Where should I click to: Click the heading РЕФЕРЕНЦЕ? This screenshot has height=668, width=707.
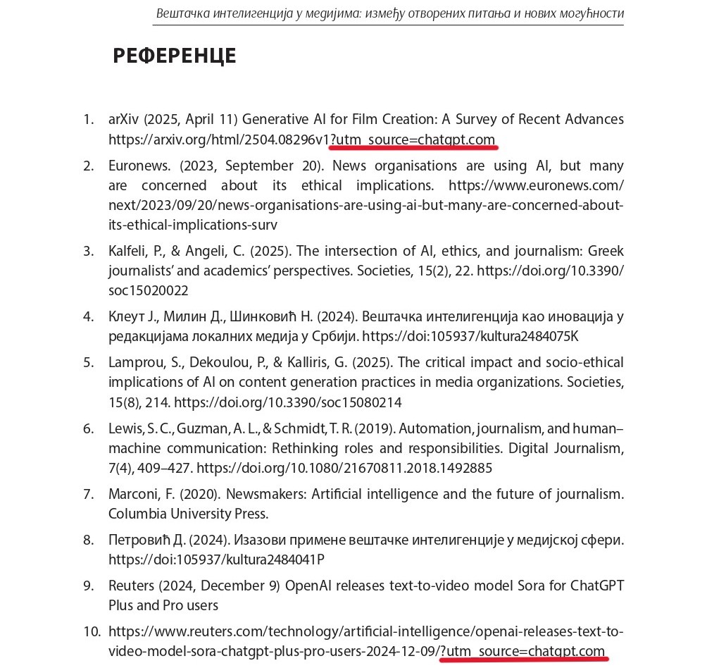pos(174,56)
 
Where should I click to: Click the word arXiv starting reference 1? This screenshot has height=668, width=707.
pos(124,120)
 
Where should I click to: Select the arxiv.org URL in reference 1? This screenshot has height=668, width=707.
pos(218,140)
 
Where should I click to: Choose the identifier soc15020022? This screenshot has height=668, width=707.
pos(148,290)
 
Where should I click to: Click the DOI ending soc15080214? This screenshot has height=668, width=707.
pos(287,402)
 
